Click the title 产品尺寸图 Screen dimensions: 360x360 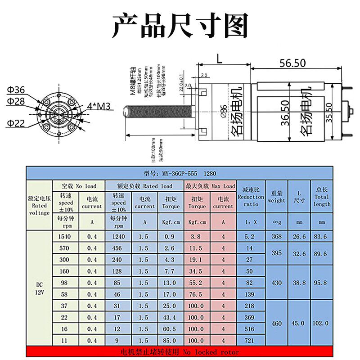pyautogui.click(x=180, y=26)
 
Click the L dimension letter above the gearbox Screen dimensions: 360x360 pyautogui.click(x=219, y=58)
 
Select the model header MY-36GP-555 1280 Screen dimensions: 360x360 pyautogui.click(x=180, y=173)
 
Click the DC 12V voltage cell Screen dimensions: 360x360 pyautogui.click(x=39, y=288)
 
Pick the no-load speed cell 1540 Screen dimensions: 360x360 pyautogui.click(x=64, y=236)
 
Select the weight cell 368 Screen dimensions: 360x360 pyautogui.click(x=276, y=236)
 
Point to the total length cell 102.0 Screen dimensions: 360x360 pyautogui.click(x=320, y=323)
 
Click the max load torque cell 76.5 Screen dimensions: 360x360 pyautogui.click(x=197, y=294)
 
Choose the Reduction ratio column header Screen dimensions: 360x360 pyautogui.click(x=251, y=197)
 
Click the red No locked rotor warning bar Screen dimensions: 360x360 pyautogui.click(x=180, y=352)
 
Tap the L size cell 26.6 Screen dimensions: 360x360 pyautogui.click(x=299, y=236)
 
